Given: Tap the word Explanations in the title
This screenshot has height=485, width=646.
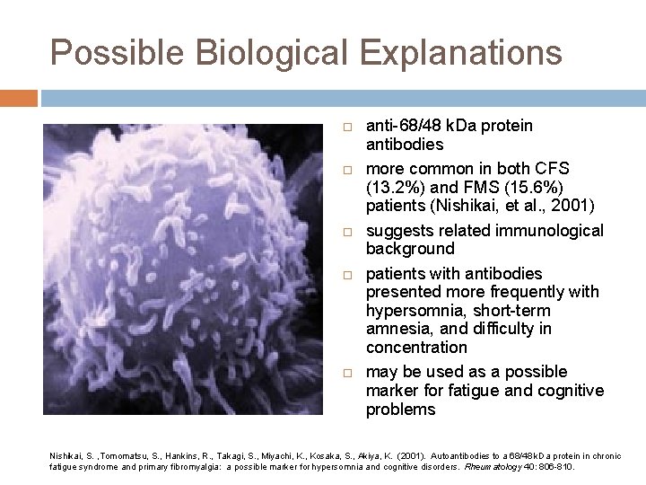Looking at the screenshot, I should [x=449, y=53].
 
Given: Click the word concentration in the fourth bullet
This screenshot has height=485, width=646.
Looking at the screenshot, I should [x=416, y=348].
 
